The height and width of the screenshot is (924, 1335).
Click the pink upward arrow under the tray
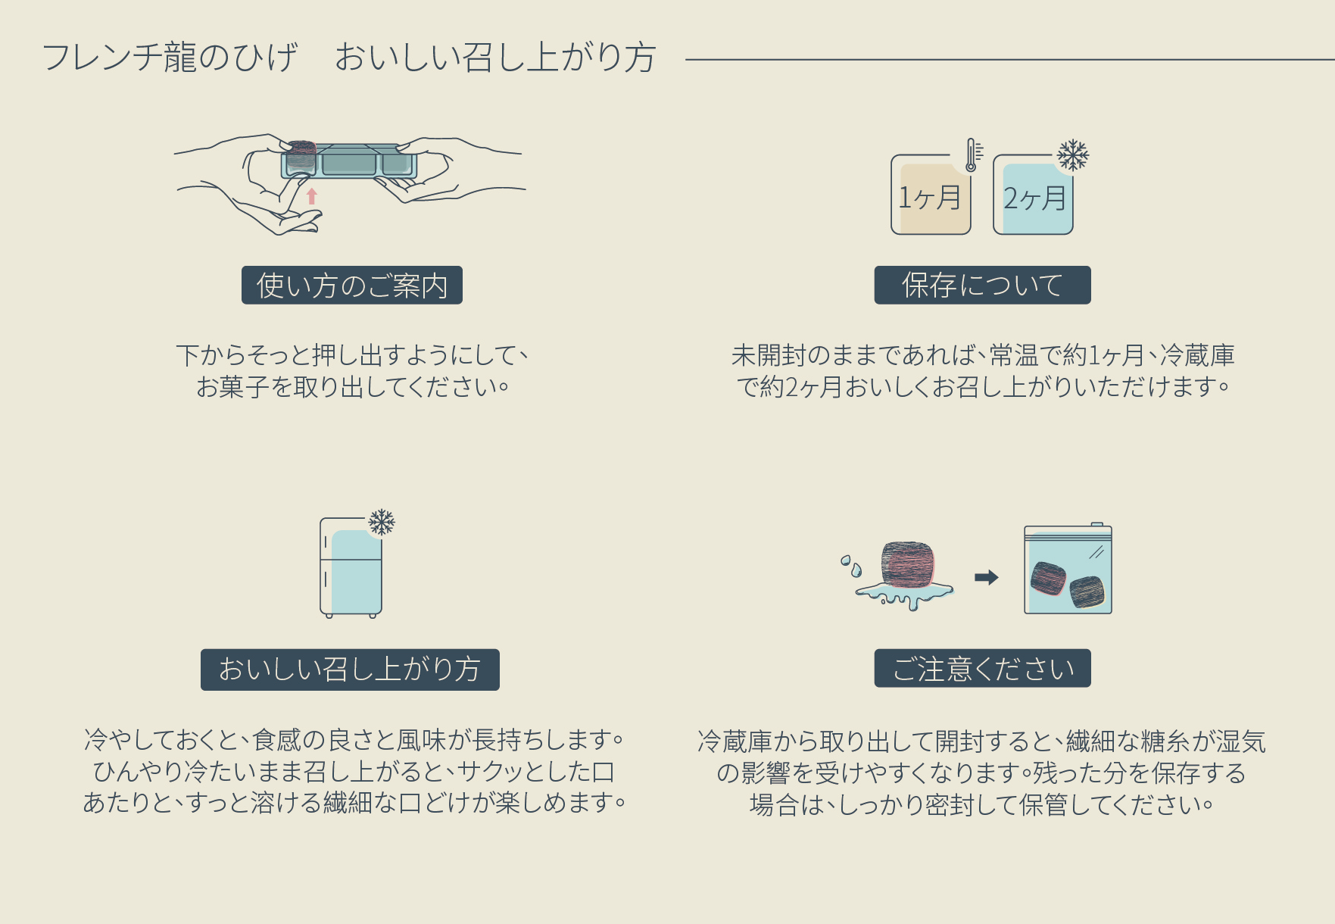click(x=311, y=197)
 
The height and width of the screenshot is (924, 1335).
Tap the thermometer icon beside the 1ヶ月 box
click(x=972, y=155)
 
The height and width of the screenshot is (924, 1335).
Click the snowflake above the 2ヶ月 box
click(x=1072, y=155)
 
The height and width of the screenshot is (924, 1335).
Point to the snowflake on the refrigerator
click(x=382, y=522)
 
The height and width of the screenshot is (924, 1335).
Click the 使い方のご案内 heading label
click(x=351, y=286)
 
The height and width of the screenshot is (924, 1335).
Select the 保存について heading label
click(x=982, y=286)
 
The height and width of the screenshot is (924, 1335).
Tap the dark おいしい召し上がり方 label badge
click(x=350, y=670)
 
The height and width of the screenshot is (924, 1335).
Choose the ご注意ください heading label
click(x=982, y=669)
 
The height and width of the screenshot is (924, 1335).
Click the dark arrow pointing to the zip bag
click(x=986, y=578)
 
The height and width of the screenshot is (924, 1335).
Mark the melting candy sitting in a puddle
click(x=909, y=567)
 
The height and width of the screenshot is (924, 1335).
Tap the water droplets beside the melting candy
click(x=850, y=565)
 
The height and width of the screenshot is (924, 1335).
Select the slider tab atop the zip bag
click(x=1096, y=524)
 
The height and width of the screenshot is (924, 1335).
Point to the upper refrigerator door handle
click(x=326, y=542)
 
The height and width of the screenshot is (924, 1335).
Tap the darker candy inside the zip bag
click(x=1087, y=592)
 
